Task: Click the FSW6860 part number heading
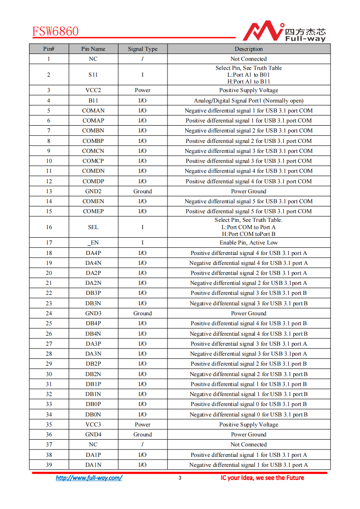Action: (x=55, y=31)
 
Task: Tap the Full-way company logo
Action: (x=284, y=31)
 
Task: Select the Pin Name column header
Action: (x=93, y=49)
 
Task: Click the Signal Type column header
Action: (x=143, y=49)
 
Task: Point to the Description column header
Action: (x=248, y=49)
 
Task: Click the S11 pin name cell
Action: (x=93, y=75)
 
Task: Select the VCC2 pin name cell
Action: (x=93, y=90)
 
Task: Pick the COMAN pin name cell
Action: (x=93, y=111)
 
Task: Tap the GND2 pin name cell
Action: (x=93, y=191)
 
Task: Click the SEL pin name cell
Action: (x=93, y=227)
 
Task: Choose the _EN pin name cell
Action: (x=93, y=243)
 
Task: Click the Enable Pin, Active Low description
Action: (x=248, y=243)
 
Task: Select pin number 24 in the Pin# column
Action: (x=49, y=313)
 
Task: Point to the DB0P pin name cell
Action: (x=93, y=404)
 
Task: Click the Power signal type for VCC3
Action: (x=143, y=425)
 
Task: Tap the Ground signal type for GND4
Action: (x=143, y=435)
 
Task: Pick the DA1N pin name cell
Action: (x=93, y=465)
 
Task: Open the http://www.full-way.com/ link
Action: (x=89, y=478)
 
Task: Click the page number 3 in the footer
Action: (x=180, y=478)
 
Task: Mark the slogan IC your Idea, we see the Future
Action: (x=262, y=478)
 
